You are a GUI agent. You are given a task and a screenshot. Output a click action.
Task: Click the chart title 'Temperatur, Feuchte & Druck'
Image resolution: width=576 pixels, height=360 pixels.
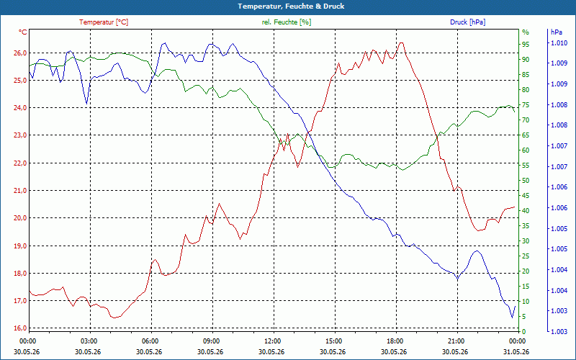[x=291, y=6]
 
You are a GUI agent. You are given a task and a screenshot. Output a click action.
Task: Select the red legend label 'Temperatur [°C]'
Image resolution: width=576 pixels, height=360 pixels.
[x=104, y=22]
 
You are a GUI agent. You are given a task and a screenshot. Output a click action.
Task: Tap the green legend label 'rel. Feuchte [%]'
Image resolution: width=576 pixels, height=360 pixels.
[x=286, y=22]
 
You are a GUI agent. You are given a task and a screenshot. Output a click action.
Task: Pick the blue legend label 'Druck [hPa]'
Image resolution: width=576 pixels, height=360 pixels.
[x=467, y=22]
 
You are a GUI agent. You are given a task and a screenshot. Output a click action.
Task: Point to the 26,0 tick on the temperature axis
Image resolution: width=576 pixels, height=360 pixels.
[x=20, y=53]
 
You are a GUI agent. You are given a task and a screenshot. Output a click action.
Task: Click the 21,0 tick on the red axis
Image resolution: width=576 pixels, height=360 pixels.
[x=20, y=190]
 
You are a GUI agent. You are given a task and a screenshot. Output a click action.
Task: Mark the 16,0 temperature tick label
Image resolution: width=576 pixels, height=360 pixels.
[x=20, y=328]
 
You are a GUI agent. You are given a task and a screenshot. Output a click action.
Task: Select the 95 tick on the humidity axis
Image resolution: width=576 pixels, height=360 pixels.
[x=526, y=44]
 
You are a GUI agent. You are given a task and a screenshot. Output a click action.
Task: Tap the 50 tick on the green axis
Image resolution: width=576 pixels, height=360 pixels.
[x=526, y=181]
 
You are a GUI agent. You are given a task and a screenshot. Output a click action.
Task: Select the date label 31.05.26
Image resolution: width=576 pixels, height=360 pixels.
[x=516, y=351]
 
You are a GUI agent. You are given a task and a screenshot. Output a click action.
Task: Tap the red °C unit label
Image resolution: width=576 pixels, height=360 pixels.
[x=23, y=32]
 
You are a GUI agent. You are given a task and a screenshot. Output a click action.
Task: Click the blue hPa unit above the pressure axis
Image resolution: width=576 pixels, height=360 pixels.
[x=557, y=32]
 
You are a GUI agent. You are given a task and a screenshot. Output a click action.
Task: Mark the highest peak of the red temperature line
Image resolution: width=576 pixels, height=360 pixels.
[x=401, y=42]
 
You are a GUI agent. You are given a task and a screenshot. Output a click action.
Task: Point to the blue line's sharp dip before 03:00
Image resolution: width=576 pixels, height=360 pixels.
[x=86, y=104]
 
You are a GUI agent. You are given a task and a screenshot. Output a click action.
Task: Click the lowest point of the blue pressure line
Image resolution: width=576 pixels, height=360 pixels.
[x=512, y=318]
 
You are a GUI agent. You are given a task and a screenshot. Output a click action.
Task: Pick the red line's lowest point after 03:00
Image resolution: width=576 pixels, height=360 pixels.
[x=114, y=318]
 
